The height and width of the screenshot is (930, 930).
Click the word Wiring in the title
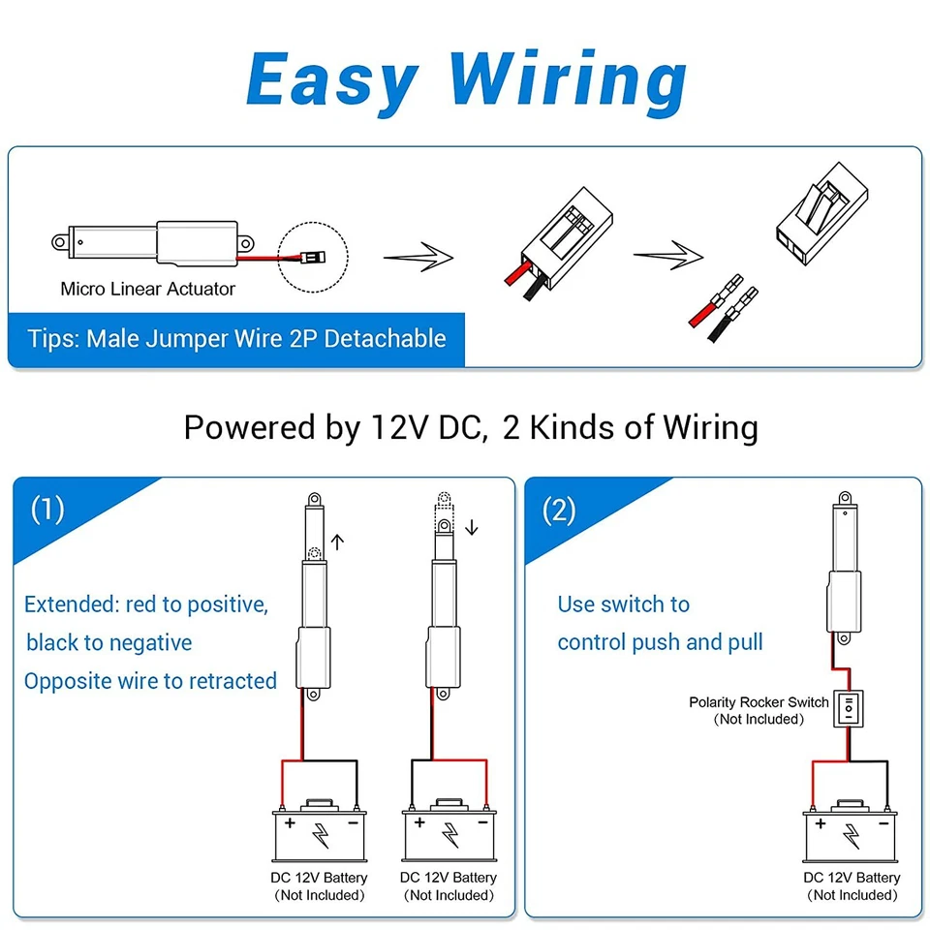point(570,80)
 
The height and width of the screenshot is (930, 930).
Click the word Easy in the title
point(332,80)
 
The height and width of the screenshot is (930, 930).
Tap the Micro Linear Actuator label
point(147,289)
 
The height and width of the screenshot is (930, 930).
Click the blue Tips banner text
point(236,339)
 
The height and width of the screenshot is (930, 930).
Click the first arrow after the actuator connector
point(418,257)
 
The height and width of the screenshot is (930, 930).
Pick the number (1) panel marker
point(47,510)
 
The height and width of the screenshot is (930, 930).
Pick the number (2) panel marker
point(559,510)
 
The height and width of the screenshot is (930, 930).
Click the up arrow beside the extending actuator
point(337,542)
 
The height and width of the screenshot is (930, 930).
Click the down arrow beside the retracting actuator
point(472,528)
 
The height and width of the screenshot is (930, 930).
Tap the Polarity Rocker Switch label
point(759,702)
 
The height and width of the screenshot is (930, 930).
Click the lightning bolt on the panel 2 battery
point(852,834)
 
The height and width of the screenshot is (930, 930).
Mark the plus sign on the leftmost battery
point(290,822)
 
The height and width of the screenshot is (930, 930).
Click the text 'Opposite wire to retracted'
point(151,681)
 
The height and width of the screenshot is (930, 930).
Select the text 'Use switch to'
point(623,604)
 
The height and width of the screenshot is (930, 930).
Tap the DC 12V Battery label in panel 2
point(852,878)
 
